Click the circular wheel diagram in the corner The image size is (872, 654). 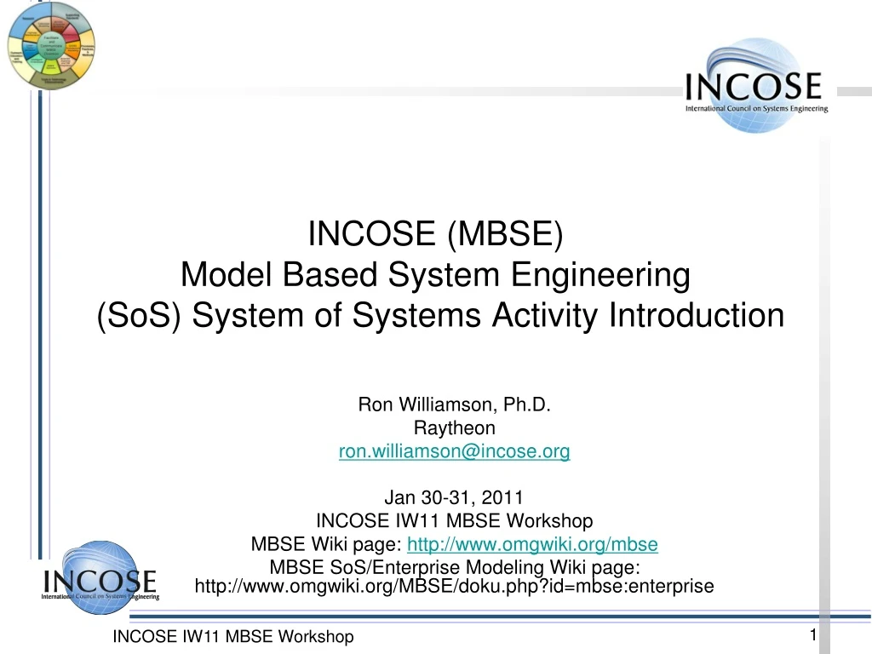(51, 44)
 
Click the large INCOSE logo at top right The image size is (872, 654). (755, 86)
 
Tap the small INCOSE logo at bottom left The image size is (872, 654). (100, 579)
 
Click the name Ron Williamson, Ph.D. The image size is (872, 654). (454, 404)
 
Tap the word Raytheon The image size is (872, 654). (454, 428)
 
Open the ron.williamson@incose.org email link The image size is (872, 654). (454, 452)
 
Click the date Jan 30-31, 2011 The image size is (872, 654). (454, 497)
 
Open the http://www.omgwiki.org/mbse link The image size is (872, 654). (533, 544)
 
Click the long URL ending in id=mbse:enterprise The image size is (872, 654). (454, 587)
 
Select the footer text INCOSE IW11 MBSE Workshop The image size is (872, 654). (233, 637)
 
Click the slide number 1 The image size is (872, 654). (813, 635)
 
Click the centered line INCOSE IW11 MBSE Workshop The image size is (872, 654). (454, 520)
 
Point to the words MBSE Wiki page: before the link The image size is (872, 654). (327, 544)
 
